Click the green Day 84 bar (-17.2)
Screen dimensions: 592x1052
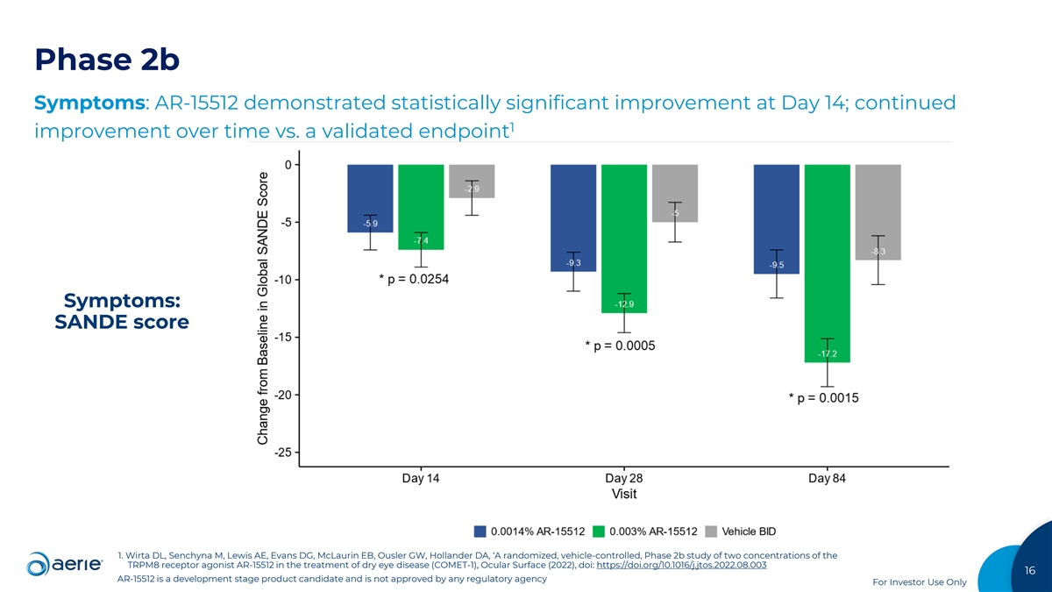coord(827,263)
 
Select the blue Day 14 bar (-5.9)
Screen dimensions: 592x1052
coord(370,198)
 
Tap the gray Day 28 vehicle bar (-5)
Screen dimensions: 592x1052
coord(675,193)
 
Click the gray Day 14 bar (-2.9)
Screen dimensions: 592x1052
coord(472,181)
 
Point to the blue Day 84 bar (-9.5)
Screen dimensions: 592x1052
coord(776,219)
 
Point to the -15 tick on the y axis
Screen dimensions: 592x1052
coord(281,338)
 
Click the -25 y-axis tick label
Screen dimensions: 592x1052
coord(281,453)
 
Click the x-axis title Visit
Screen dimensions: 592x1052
coord(624,494)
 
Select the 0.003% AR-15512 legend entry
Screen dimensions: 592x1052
coord(644,531)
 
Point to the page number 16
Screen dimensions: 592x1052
coord(1029,571)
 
